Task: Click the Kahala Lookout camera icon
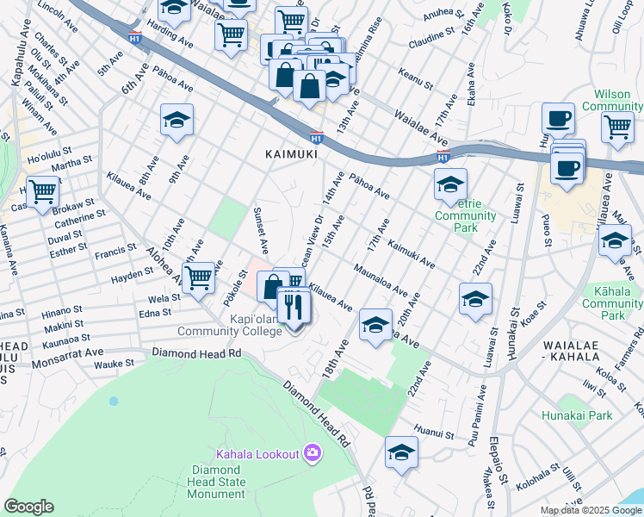click(313, 452)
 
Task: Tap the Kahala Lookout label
click(257, 453)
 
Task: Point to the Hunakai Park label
click(577, 415)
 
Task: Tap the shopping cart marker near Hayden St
click(199, 277)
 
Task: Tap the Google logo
click(28, 507)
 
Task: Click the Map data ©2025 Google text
click(590, 510)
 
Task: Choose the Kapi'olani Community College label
click(228, 331)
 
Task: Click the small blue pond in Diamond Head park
click(113, 402)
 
